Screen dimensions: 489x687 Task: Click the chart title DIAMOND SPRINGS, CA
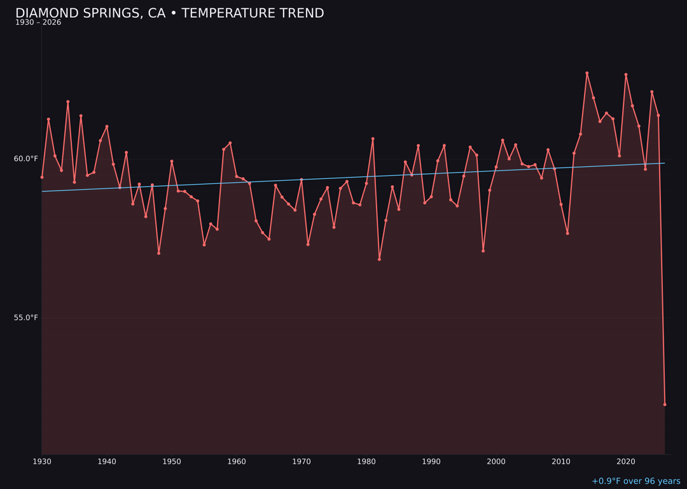click(x=169, y=13)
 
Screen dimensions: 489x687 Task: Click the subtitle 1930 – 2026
click(x=38, y=23)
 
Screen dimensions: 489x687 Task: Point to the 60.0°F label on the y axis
click(x=26, y=159)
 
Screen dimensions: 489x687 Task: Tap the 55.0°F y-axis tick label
click(x=26, y=318)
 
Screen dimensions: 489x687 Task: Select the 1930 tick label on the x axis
click(x=42, y=462)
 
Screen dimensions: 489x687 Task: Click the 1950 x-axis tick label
click(x=172, y=462)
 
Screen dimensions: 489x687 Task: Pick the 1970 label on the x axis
click(x=302, y=462)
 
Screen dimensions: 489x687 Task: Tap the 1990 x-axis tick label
click(x=431, y=462)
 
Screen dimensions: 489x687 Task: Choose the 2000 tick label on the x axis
click(x=496, y=462)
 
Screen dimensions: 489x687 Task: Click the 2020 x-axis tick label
click(x=626, y=462)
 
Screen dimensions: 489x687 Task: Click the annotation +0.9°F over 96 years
click(x=635, y=481)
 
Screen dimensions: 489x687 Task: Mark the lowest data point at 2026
click(x=665, y=404)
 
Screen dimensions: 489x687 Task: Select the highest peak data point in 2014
click(x=587, y=73)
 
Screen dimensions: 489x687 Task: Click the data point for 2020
click(x=626, y=74)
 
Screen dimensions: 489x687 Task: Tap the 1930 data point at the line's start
click(x=42, y=177)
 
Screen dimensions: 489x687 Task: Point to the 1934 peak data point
click(x=68, y=102)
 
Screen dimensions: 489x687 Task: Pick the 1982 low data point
click(x=379, y=259)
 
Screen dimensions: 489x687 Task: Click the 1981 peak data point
click(x=373, y=139)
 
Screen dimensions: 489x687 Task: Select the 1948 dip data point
click(x=158, y=253)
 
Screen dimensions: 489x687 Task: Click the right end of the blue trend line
click(x=665, y=163)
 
